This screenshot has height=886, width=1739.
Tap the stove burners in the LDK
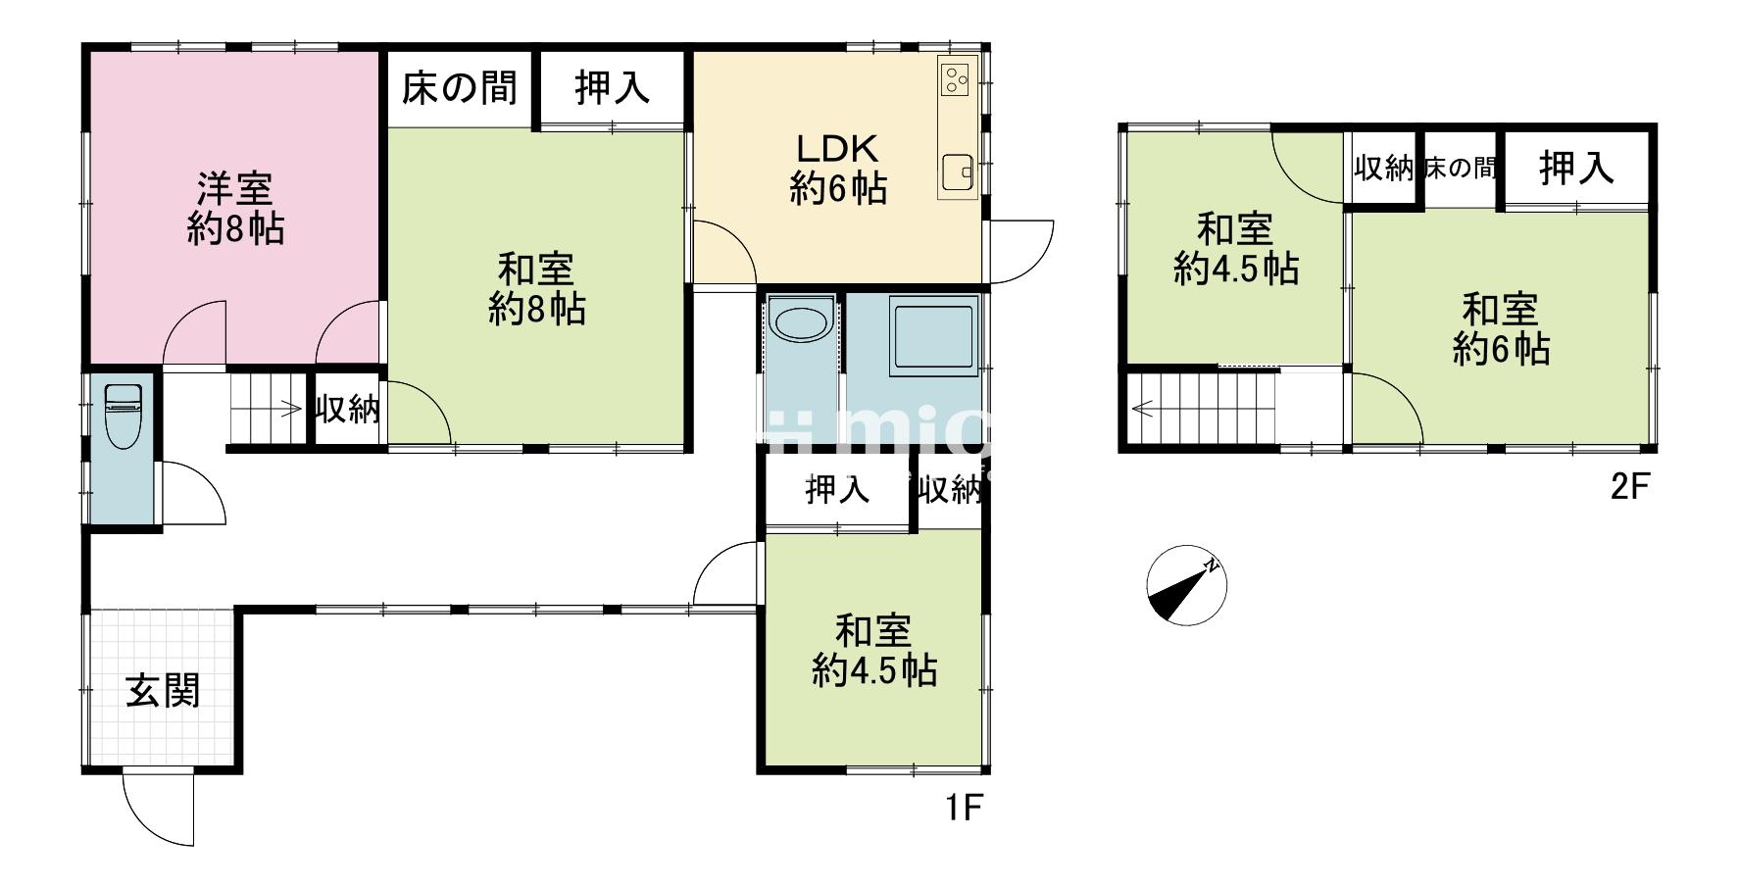click(956, 77)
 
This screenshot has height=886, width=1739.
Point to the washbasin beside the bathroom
click(800, 321)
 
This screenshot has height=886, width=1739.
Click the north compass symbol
click(1186, 585)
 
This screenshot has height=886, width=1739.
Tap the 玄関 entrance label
click(163, 691)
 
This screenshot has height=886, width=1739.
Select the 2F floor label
click(1631, 488)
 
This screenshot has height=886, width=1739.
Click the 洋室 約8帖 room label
click(235, 207)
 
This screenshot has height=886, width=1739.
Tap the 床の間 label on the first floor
click(459, 88)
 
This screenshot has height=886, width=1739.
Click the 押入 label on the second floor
click(1575, 168)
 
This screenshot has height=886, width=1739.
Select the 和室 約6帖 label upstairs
click(1500, 329)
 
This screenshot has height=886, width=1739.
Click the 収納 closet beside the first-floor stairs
click(347, 410)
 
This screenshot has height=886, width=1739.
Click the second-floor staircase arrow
click(1140, 408)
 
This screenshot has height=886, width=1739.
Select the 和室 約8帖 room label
click(536, 289)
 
